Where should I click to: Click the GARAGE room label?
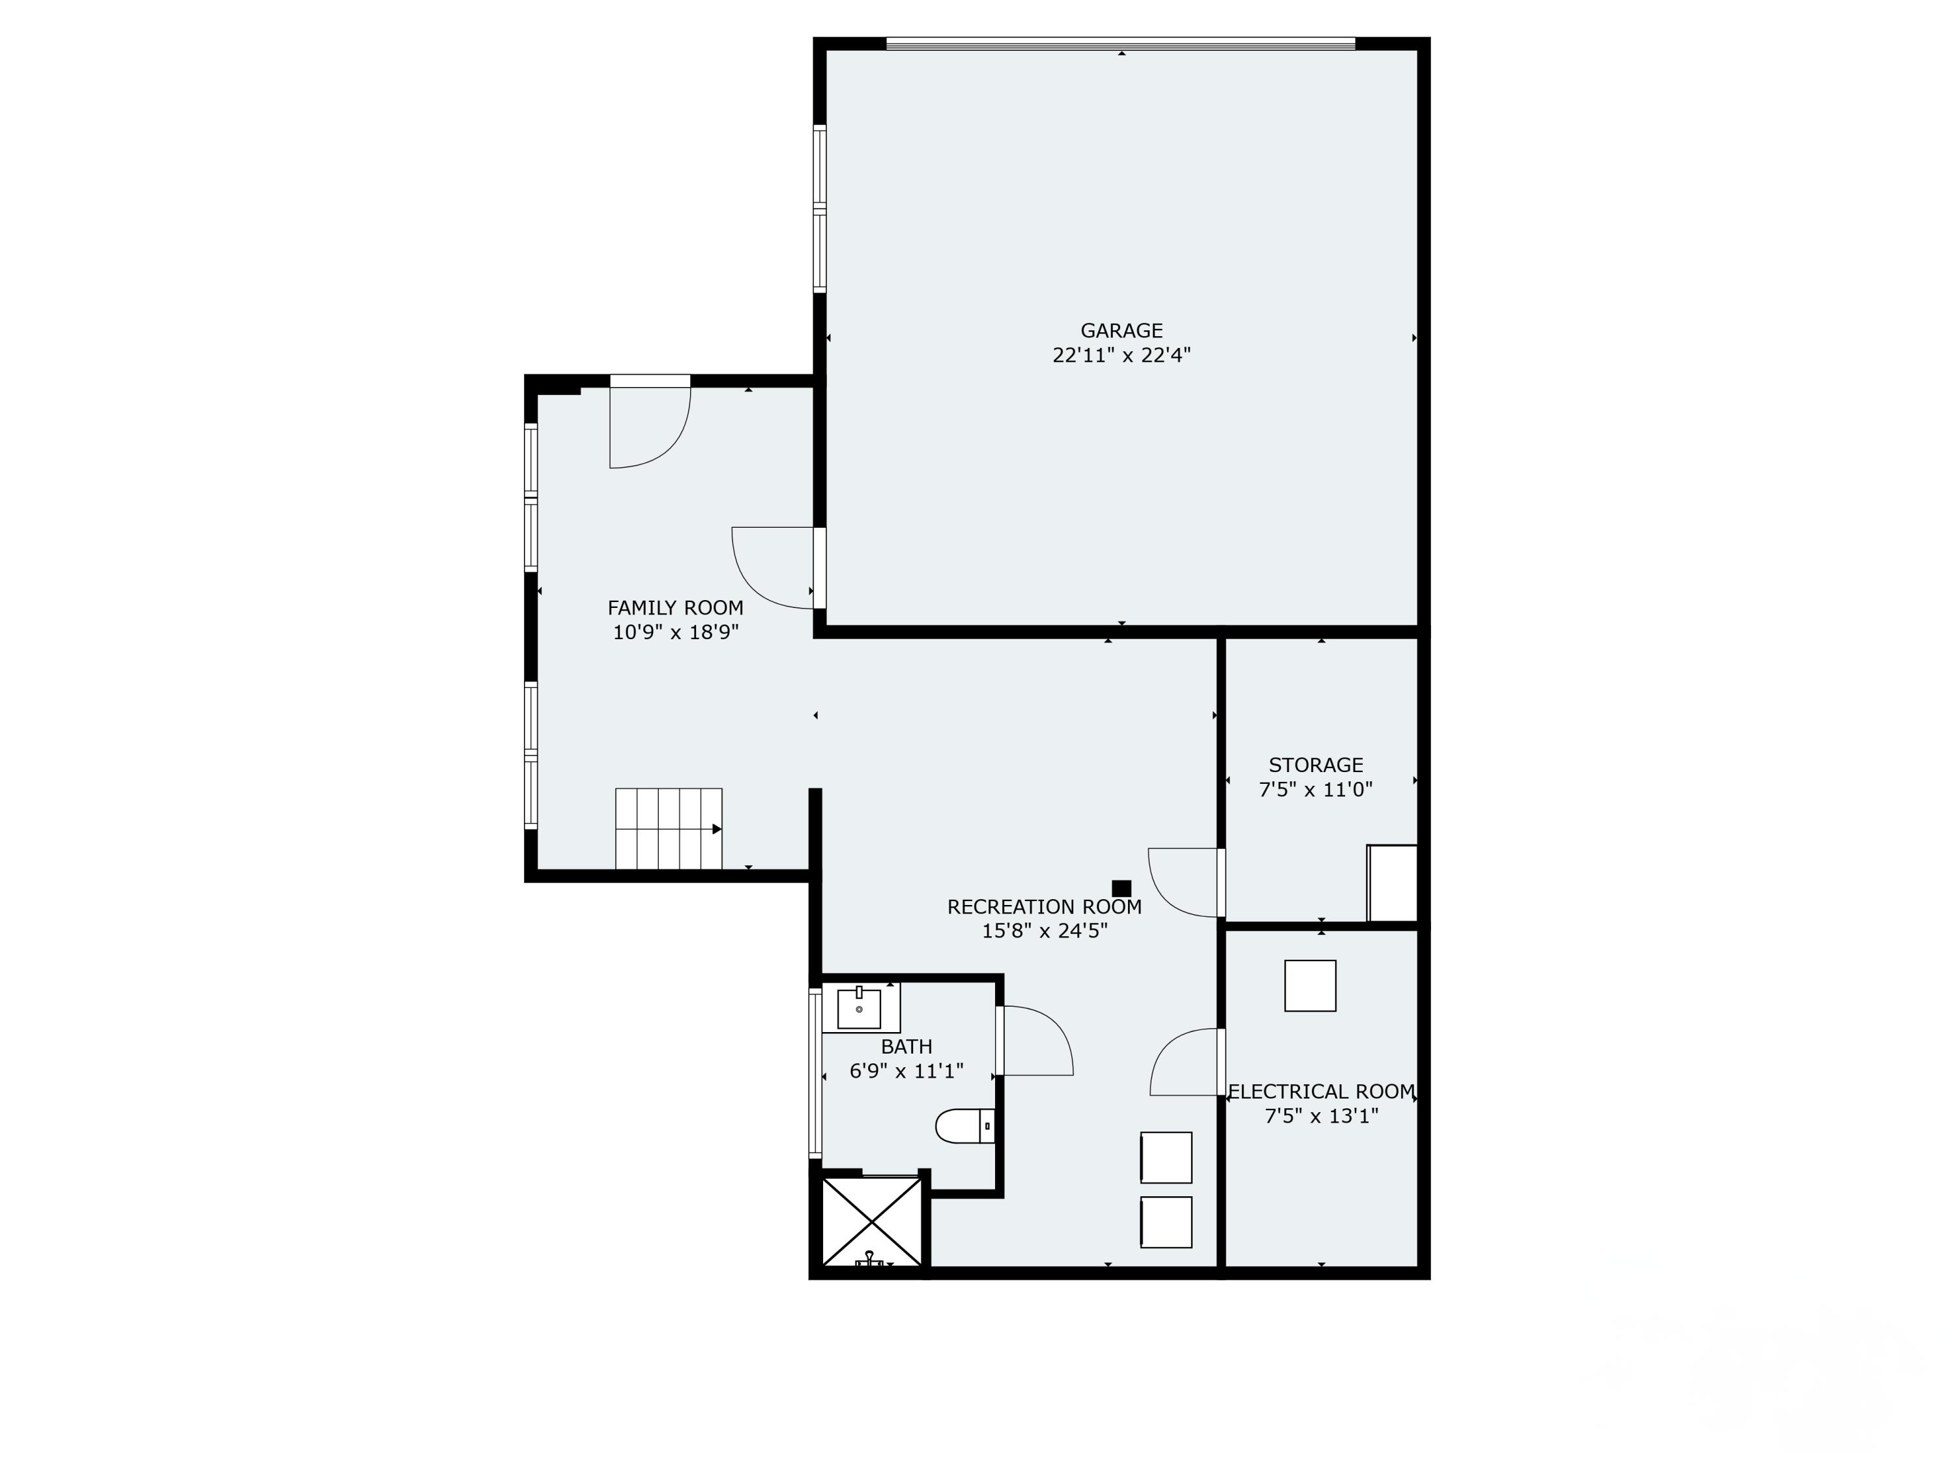[x=1121, y=330]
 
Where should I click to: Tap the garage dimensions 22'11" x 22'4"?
[x=1121, y=355]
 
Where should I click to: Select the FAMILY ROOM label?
[x=675, y=608]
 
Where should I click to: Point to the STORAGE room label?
[x=1315, y=766]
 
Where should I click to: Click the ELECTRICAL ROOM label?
[x=1322, y=1091]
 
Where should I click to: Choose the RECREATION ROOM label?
[x=1045, y=907]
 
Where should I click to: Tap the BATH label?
[x=907, y=1047]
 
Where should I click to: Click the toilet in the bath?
[x=965, y=1126]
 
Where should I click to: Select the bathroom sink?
[x=859, y=1008]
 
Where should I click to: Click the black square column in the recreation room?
[x=1122, y=888]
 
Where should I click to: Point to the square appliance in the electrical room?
[x=1310, y=985]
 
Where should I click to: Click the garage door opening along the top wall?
[x=1121, y=43]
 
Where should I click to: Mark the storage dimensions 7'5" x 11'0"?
[x=1315, y=790]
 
